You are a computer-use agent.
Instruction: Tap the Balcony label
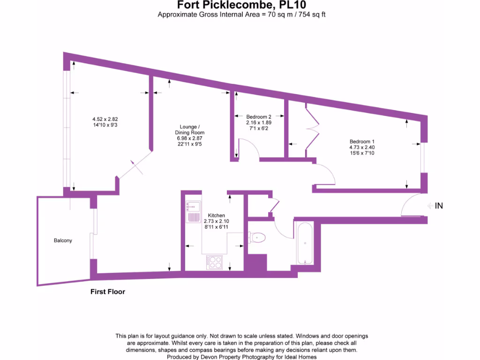pyautogui.click(x=63, y=240)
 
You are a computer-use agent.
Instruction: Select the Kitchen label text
pyautogui.click(x=216, y=216)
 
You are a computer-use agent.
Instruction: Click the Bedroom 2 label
pyautogui.click(x=259, y=117)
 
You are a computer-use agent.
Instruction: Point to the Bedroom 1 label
pyautogui.click(x=362, y=142)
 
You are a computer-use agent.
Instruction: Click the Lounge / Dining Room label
pyautogui.click(x=190, y=129)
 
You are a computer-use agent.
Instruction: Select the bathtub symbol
pyautogui.click(x=305, y=244)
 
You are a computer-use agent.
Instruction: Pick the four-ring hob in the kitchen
pyautogui.click(x=215, y=262)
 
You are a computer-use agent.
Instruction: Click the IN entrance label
pyautogui.click(x=439, y=206)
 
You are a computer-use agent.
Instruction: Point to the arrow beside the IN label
pyautogui.click(x=429, y=206)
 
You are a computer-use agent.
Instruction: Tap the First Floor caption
pyautogui.click(x=108, y=292)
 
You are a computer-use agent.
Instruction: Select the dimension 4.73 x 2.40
pyautogui.click(x=362, y=147)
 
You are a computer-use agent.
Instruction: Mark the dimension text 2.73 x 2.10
pyautogui.click(x=216, y=221)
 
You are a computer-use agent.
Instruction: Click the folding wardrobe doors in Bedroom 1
pyautogui.click(x=313, y=129)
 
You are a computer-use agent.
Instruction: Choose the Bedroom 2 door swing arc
pyautogui.click(x=250, y=148)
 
